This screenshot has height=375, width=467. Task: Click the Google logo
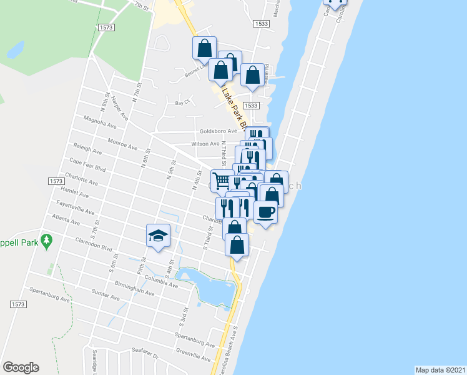click(x=21, y=367)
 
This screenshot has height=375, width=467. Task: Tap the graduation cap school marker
click(x=159, y=236)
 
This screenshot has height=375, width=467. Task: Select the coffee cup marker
click(x=265, y=212)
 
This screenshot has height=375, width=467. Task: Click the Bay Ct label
click(x=182, y=102)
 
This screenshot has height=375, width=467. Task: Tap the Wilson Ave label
click(x=205, y=143)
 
